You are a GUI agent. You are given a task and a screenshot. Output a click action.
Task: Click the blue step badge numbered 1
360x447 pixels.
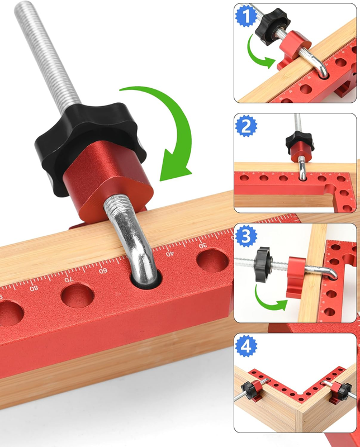[246, 16]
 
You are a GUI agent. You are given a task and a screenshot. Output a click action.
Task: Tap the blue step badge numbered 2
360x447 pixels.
[246, 126]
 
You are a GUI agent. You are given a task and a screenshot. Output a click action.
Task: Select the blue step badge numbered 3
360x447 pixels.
[246, 236]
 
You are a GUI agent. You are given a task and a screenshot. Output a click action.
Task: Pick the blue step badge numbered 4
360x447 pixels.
[246, 346]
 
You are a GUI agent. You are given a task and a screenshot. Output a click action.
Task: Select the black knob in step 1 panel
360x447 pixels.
[271, 26]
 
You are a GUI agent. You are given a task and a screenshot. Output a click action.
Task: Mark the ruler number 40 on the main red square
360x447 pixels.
[169, 253]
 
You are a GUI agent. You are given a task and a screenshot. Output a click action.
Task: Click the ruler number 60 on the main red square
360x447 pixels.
[103, 270]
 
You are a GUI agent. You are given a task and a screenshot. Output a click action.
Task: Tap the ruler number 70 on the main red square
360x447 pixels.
[69, 279]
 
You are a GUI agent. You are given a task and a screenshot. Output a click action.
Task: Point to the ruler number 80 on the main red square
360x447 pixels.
[34, 288]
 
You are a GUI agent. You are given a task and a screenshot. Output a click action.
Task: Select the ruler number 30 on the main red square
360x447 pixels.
[202, 245]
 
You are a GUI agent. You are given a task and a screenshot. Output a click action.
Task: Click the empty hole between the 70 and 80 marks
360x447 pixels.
[77, 296]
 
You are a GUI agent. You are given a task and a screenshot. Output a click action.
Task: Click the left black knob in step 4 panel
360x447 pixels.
[248, 390]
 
